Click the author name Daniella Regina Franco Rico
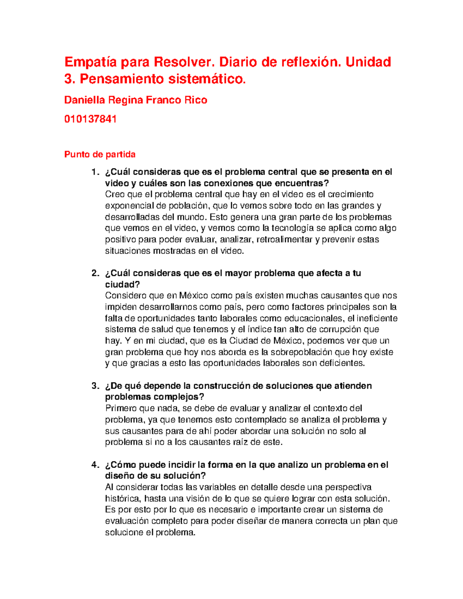tap(135, 100)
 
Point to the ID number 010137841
tap(90, 119)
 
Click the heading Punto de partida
tap(100, 155)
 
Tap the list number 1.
tap(94, 172)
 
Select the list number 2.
tap(95, 273)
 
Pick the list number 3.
tap(95, 386)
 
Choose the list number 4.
tap(95, 465)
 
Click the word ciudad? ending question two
tap(122, 285)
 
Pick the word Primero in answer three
tap(120, 408)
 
